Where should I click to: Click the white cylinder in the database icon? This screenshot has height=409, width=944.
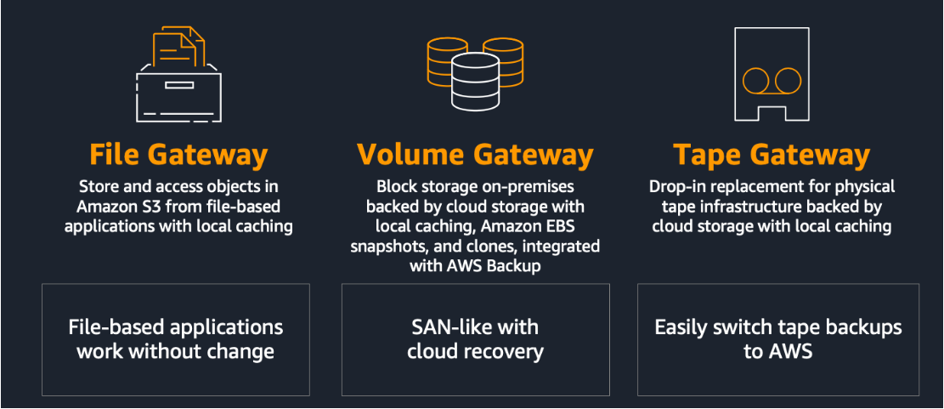point(475,82)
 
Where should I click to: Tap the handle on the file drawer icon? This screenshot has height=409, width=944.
point(178,84)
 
